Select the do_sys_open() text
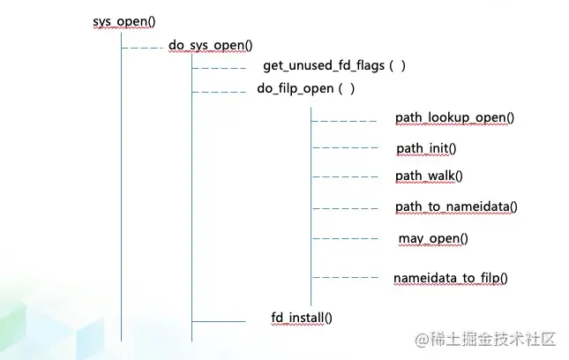211,45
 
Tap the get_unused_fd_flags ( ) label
333,66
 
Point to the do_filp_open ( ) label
305,88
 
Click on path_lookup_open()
454,117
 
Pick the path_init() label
427,147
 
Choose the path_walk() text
429,176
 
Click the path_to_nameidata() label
455,206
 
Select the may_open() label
433,238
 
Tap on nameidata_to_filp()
451,278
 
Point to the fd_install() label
302,317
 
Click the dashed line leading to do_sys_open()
141,48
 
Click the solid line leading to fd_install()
219,322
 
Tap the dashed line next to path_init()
345,147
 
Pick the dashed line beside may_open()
345,238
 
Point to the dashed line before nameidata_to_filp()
345,278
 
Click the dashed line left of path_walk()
345,176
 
